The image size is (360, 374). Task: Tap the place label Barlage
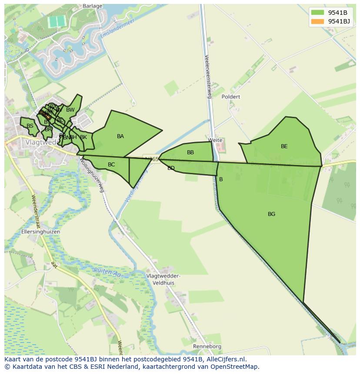pyautogui.click(x=92, y=6)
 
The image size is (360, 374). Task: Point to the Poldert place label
pyautogui.click(x=230, y=97)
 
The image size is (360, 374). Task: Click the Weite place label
pyautogui.click(x=215, y=140)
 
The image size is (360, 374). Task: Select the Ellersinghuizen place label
pyautogui.click(x=40, y=232)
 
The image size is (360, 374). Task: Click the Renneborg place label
pyautogui.click(x=207, y=347)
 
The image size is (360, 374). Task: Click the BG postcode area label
pyautogui.click(x=271, y=214)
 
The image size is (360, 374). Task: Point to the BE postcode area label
pyautogui.click(x=284, y=146)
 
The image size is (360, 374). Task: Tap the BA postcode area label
pyautogui.click(x=120, y=136)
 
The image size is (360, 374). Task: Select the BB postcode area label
pyautogui.click(x=190, y=152)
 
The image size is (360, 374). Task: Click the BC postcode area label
pyautogui.click(x=111, y=165)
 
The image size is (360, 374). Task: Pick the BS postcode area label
pyautogui.click(x=30, y=126)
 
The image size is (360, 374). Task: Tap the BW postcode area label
pyautogui.click(x=70, y=110)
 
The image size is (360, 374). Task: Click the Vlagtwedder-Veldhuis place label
pyautogui.click(x=163, y=279)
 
